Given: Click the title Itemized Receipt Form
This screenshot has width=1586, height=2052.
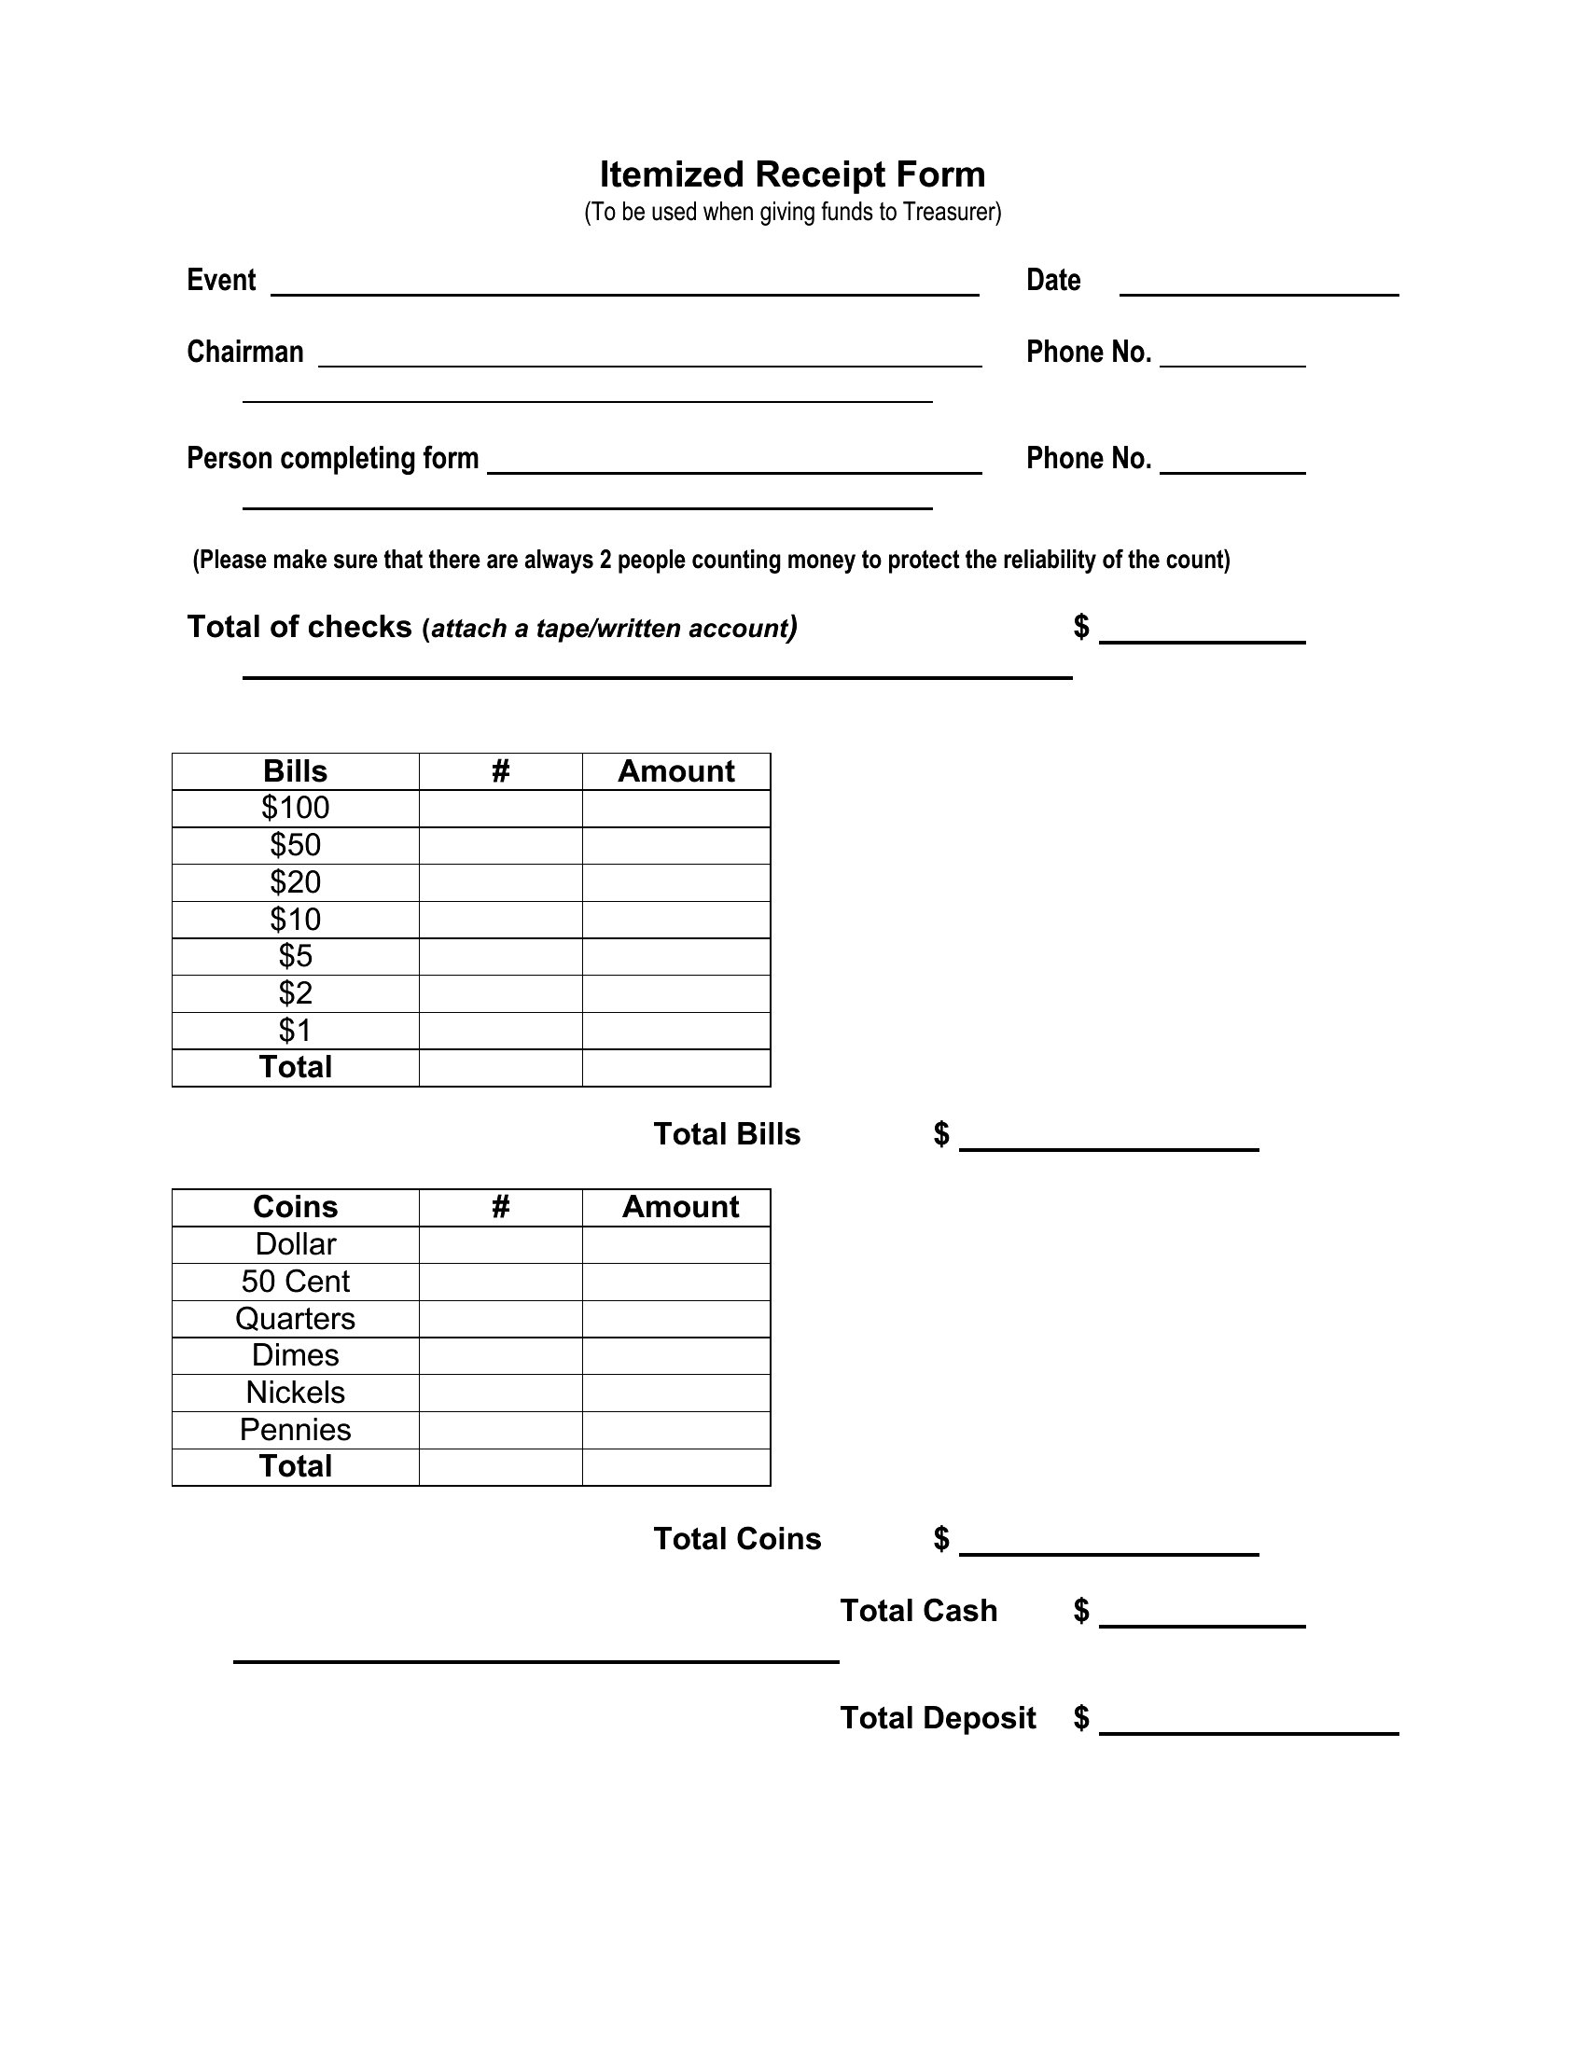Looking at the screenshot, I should tap(792, 174).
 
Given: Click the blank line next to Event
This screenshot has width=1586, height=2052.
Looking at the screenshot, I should tap(625, 287).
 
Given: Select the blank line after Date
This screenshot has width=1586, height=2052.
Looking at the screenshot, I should tap(1259, 287).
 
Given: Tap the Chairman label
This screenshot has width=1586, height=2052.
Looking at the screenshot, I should tap(245, 353).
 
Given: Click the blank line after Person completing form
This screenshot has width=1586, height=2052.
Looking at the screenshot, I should tap(734, 466).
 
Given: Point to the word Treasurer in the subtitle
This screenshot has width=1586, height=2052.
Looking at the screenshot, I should tap(950, 213).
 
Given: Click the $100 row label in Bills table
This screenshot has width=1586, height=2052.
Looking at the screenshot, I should tap(295, 808).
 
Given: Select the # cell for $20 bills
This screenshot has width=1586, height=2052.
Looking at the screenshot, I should tap(500, 882).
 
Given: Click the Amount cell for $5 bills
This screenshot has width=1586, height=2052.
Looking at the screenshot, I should tap(675, 956).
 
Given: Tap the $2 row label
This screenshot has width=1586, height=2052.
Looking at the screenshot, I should tap(295, 993).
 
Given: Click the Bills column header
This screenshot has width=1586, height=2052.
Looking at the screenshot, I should tap(295, 771).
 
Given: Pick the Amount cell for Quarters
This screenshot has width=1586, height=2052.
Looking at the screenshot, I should tap(675, 1319).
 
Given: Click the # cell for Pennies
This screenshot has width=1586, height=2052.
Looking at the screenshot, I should tap(500, 1430).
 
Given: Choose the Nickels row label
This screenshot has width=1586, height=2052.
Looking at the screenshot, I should tap(295, 1393).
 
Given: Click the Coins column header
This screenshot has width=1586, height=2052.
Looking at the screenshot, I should tap(295, 1207).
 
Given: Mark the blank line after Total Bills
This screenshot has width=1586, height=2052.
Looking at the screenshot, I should tap(1107, 1143).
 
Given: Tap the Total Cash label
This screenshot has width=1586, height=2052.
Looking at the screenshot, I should tap(918, 1612).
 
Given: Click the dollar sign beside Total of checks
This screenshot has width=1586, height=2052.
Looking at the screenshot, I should tap(1081, 627).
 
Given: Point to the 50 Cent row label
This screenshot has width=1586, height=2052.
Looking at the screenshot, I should tap(295, 1282).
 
